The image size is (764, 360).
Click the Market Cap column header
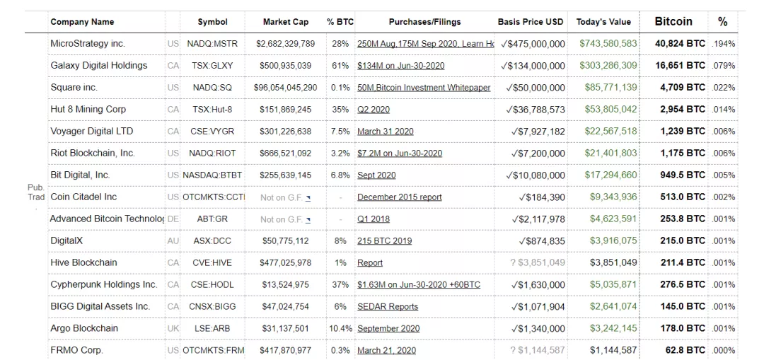285,22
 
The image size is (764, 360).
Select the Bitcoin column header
673,22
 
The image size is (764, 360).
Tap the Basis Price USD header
531,22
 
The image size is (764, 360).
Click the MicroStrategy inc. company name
88,44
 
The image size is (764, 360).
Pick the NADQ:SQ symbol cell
212,88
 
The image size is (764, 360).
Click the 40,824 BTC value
680,44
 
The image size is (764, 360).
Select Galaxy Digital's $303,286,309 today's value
608,66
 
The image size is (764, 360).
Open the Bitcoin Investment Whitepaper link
424,88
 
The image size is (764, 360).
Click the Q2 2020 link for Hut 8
374,110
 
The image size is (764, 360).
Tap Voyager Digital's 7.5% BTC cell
340,132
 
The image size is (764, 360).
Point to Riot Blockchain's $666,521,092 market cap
285,153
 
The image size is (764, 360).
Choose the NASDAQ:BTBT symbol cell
213,175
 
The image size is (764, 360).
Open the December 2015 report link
399,197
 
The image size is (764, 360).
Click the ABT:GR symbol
212,219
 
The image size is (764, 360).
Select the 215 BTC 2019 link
384,241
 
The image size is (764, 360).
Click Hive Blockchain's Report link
370,263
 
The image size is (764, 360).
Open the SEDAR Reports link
388,307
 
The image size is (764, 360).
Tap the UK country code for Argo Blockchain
173,329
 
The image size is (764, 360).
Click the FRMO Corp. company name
76,351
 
